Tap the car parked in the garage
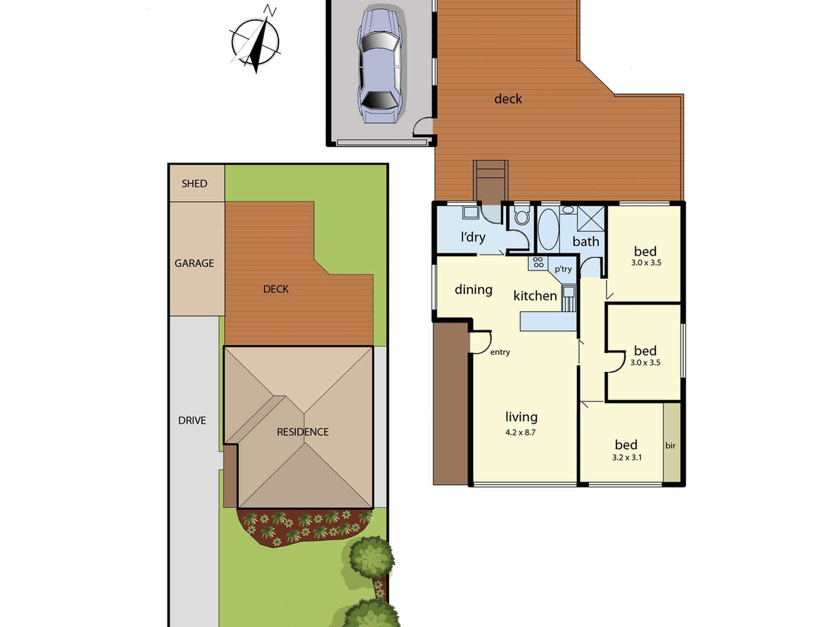(x=379, y=66)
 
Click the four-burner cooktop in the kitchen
(x=538, y=263)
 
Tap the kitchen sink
(x=569, y=298)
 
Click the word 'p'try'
(x=563, y=269)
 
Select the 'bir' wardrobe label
(x=671, y=446)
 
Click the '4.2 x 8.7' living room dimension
(x=520, y=432)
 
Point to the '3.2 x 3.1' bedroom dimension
(x=627, y=457)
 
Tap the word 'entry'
(x=500, y=352)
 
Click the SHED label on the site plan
(x=195, y=184)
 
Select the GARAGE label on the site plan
(x=194, y=263)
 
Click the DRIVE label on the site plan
(x=192, y=421)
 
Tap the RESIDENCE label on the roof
(x=303, y=432)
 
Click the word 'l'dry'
(x=473, y=237)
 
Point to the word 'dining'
(x=473, y=290)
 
